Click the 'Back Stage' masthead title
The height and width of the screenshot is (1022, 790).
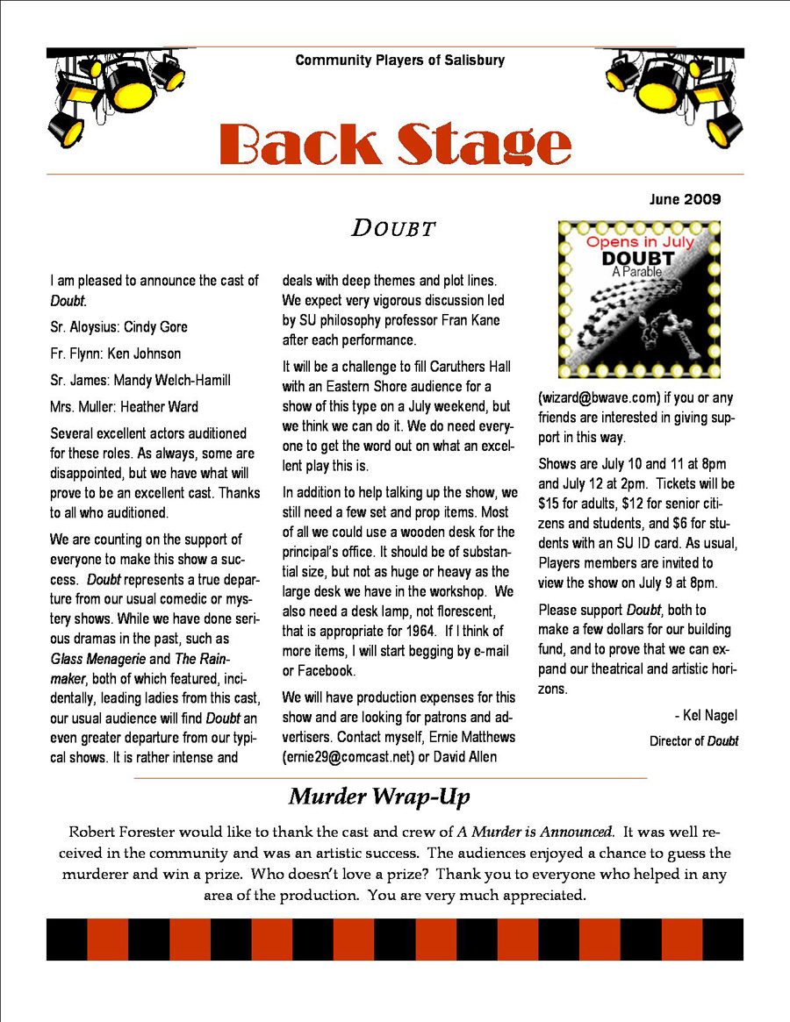pyautogui.click(x=394, y=144)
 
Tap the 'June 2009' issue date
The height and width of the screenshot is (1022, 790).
pyautogui.click(x=685, y=200)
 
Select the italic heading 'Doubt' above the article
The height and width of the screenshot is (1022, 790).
pyautogui.click(x=394, y=229)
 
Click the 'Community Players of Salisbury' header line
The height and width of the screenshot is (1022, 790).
pyautogui.click(x=399, y=61)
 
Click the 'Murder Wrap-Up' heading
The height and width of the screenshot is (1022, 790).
pyautogui.click(x=379, y=797)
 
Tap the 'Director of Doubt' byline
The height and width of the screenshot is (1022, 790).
pyautogui.click(x=693, y=741)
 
